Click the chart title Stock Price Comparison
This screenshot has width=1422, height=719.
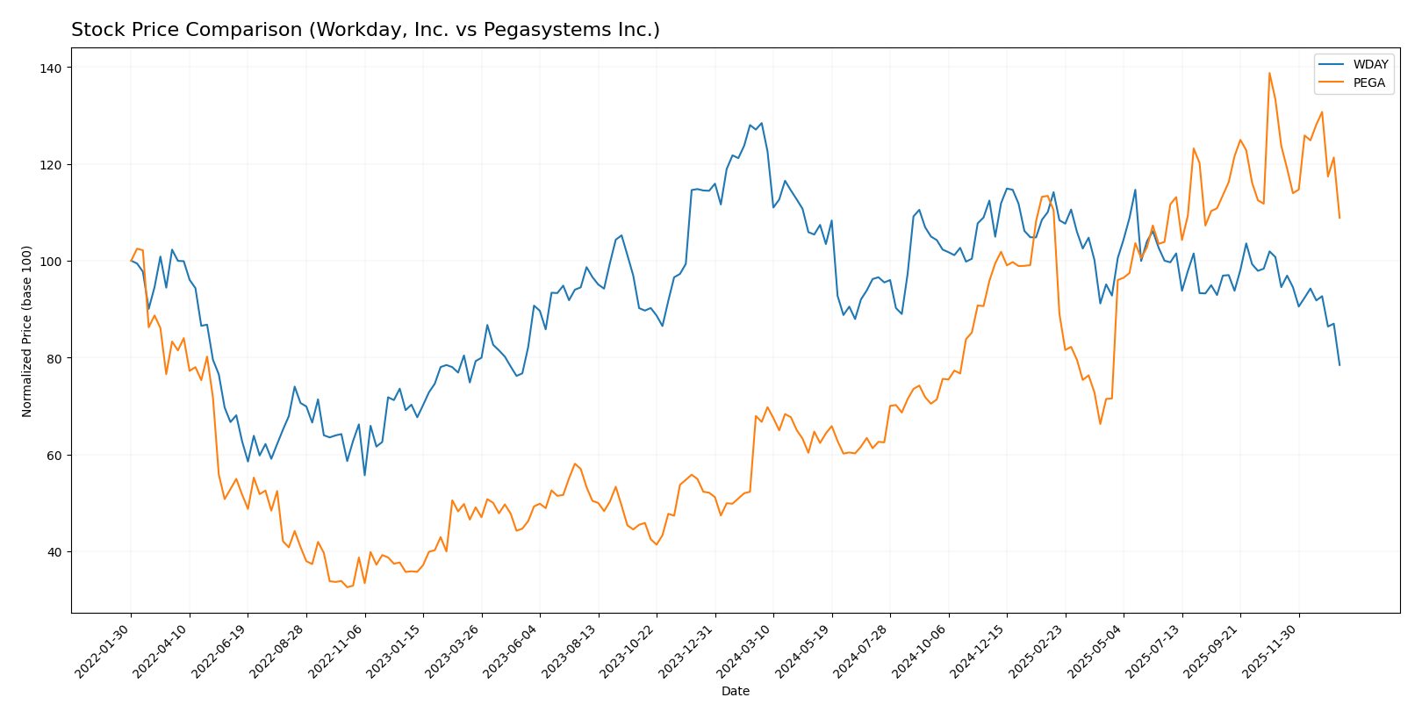(x=365, y=30)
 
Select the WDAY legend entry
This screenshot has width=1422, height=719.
(x=1370, y=65)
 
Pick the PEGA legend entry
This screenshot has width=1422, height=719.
(x=1369, y=83)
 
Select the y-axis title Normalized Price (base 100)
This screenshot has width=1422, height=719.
(x=27, y=331)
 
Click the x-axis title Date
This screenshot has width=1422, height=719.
(x=735, y=692)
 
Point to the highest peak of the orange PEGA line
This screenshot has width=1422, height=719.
(x=1269, y=73)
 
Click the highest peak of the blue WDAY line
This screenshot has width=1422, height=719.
(x=761, y=123)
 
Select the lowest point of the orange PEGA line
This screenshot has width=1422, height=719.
(x=347, y=586)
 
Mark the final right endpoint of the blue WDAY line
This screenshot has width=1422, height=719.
(x=1339, y=365)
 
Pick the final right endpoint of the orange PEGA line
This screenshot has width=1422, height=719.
(x=1339, y=218)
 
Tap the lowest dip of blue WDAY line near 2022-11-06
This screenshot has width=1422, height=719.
(x=364, y=475)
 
